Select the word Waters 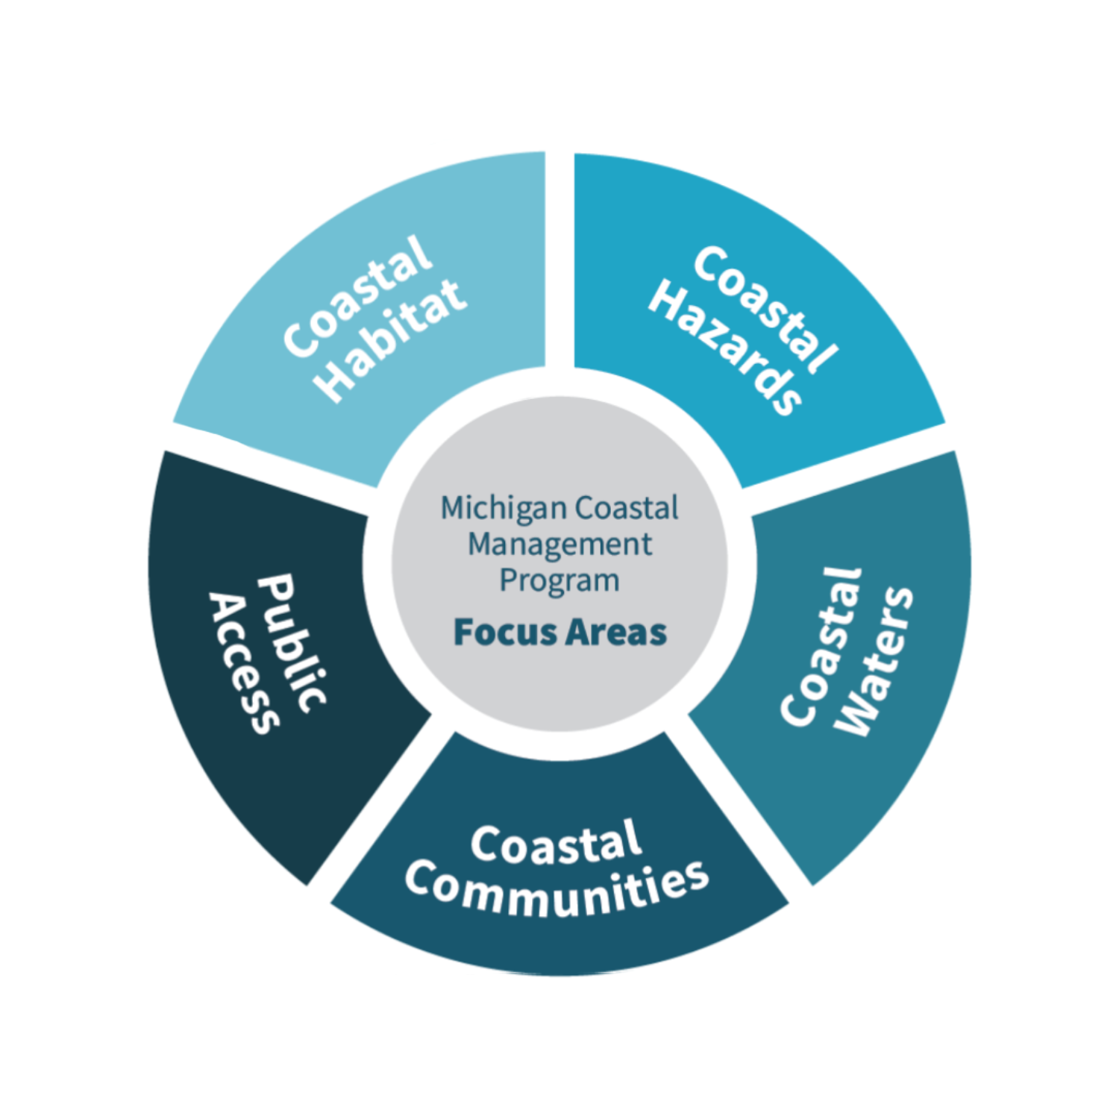tap(874, 662)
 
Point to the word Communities tap(557, 889)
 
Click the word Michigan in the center tap(504, 508)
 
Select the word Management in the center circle tap(559, 545)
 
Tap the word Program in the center tap(559, 580)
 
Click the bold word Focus tap(505, 633)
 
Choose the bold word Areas tap(615, 633)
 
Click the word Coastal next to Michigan tap(627, 508)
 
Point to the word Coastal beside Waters tap(821, 646)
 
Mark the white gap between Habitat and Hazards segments tap(559, 261)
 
